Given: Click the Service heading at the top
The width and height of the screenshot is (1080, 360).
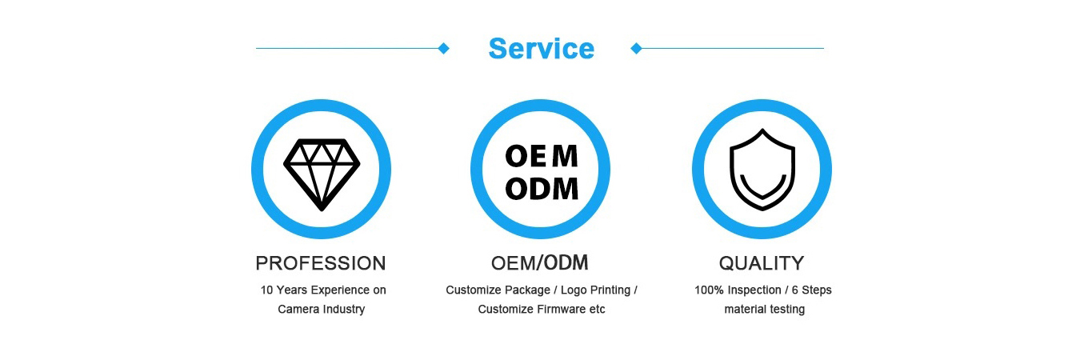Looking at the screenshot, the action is tap(542, 49).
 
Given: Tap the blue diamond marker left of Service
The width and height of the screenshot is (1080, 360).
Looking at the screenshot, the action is tap(443, 48).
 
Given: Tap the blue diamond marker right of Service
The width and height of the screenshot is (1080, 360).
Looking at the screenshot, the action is tap(637, 48).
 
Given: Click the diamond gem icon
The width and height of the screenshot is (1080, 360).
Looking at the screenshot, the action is tap(322, 174).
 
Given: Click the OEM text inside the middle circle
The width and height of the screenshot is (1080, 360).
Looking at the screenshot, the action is tap(542, 156).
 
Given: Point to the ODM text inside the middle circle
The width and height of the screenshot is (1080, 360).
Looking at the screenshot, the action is tap(542, 189).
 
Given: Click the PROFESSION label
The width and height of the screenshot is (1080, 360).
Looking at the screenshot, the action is tap(321, 263).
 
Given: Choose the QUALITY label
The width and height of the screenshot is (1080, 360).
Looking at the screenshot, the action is tap(762, 263).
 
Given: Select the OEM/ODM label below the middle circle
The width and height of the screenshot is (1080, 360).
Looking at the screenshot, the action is tap(539, 263).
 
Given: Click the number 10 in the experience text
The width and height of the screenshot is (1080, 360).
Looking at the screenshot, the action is tap(266, 290).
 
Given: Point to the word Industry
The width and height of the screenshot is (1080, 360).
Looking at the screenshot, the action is tap(344, 310).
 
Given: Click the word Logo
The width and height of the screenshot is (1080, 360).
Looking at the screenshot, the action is tap(574, 290).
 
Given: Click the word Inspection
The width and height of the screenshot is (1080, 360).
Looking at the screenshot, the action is tap(754, 290).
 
